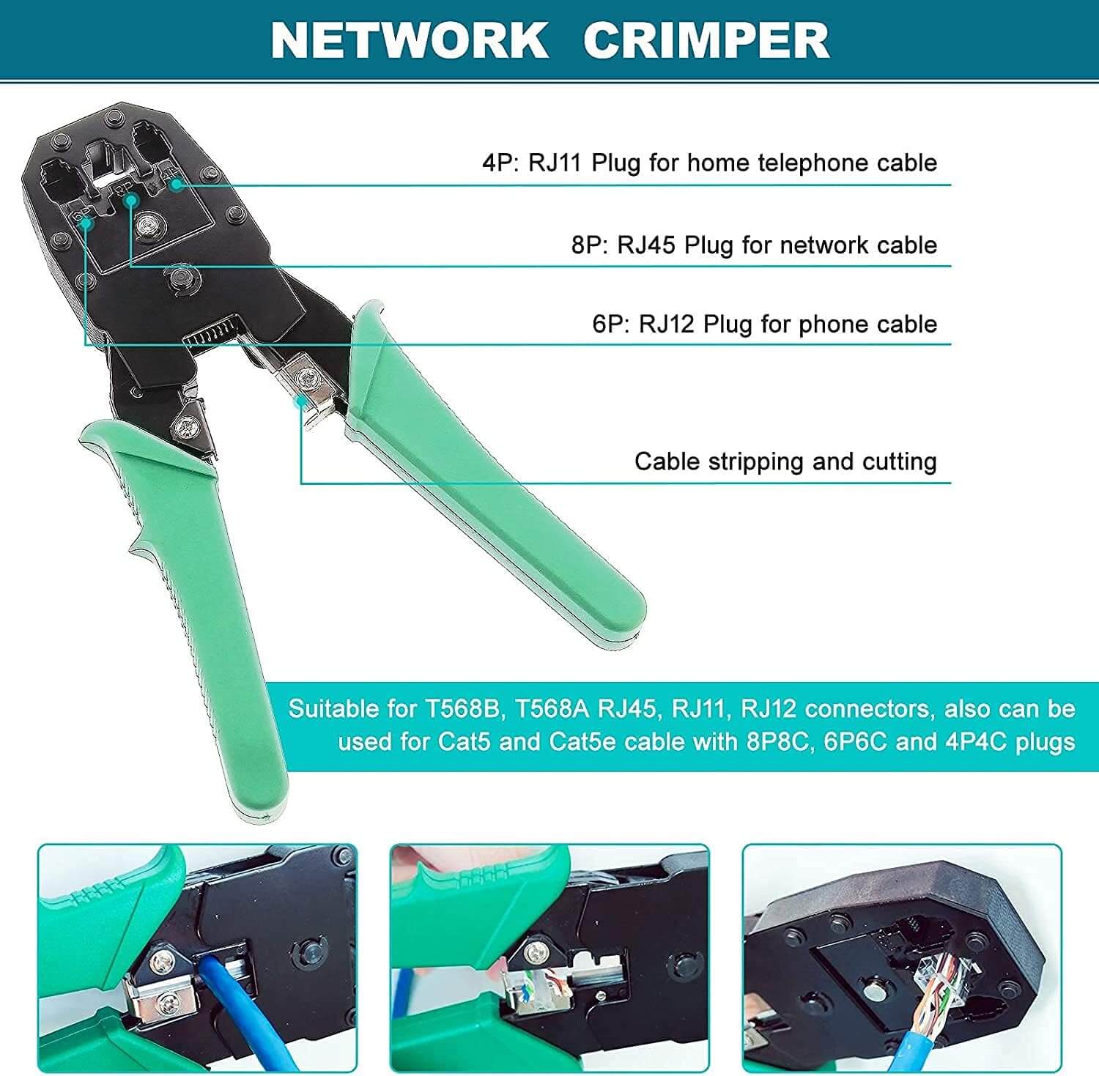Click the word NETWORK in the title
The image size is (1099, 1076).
(x=410, y=40)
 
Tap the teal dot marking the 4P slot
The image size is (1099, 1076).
(x=176, y=184)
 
